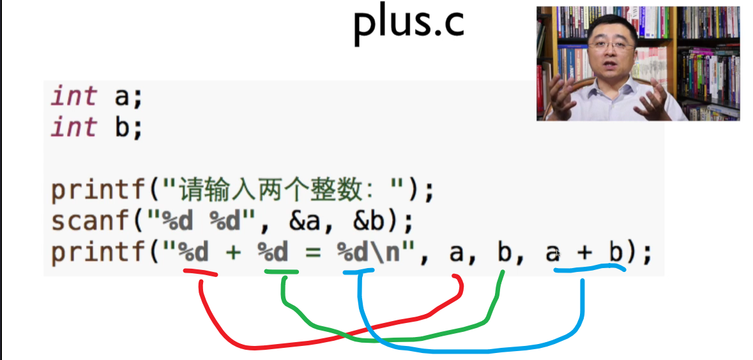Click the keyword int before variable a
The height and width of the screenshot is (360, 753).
[74, 97]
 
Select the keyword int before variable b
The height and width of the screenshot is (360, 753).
[74, 127]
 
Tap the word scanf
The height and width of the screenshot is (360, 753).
[90, 221]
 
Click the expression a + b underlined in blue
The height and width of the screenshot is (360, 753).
[584, 253]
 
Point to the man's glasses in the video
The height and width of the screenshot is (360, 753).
[606, 45]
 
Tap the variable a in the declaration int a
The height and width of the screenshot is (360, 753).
[121, 97]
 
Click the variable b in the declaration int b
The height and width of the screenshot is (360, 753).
[121, 127]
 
